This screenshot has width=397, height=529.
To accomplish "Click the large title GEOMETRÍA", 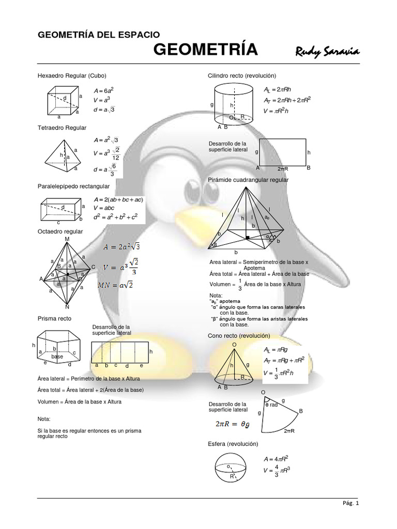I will [206, 50].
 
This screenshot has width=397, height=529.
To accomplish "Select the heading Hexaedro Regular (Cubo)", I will [72, 75].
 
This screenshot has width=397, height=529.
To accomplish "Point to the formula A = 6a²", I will [103, 90].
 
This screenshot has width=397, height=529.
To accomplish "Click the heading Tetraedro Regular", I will [62, 127].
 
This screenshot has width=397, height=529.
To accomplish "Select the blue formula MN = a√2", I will [115, 285].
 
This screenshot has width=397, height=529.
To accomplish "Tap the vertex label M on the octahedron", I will [67, 239].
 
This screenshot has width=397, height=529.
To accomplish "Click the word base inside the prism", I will [57, 357].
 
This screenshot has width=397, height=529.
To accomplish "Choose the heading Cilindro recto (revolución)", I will [242, 75].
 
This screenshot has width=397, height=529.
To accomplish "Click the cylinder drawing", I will [234, 103].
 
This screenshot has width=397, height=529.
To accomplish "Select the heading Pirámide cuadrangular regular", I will [248, 180].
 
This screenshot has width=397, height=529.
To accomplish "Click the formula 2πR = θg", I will [233, 424].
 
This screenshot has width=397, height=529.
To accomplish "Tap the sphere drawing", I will [232, 468].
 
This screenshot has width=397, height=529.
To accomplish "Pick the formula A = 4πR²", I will [276, 459].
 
